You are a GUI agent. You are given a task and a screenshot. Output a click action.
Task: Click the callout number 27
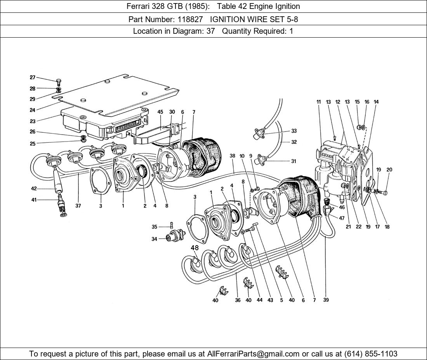33,77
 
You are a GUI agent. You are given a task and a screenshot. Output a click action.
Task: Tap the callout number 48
194,247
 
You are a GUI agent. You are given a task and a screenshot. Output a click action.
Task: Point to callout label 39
326,300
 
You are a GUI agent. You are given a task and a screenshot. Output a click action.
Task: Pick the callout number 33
294,131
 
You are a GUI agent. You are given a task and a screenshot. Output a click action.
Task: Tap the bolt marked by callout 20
382,192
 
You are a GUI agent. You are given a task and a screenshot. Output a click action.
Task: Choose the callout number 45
160,112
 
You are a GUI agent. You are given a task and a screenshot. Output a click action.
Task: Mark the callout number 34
154,239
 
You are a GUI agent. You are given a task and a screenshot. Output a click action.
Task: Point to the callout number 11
319,102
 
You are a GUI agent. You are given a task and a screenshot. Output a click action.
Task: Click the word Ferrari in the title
139,6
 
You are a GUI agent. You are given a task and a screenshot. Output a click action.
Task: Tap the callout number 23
33,121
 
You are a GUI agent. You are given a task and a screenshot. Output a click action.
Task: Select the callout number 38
232,156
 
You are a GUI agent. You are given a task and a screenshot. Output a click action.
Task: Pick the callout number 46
342,208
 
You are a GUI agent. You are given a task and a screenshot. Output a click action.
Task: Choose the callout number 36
238,300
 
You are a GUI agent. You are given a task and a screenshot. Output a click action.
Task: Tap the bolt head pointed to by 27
59,81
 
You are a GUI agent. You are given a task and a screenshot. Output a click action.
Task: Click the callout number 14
376,102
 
